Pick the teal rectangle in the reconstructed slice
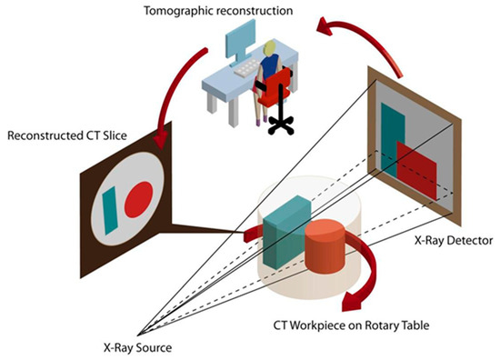point(111,205)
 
